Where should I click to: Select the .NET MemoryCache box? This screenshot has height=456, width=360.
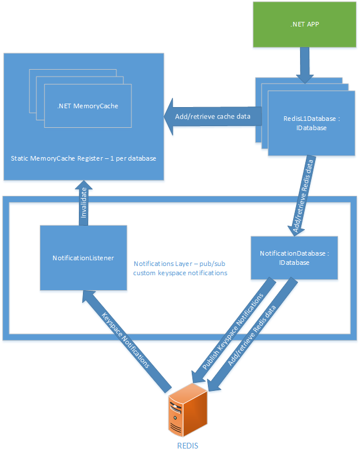pos(88,106)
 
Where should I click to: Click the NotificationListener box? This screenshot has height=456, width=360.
pos(83,257)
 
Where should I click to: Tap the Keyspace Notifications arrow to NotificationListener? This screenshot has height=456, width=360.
pos(127,340)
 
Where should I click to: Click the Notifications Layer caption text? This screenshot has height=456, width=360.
pos(180,264)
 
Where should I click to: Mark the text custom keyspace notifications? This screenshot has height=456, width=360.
pos(180,272)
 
